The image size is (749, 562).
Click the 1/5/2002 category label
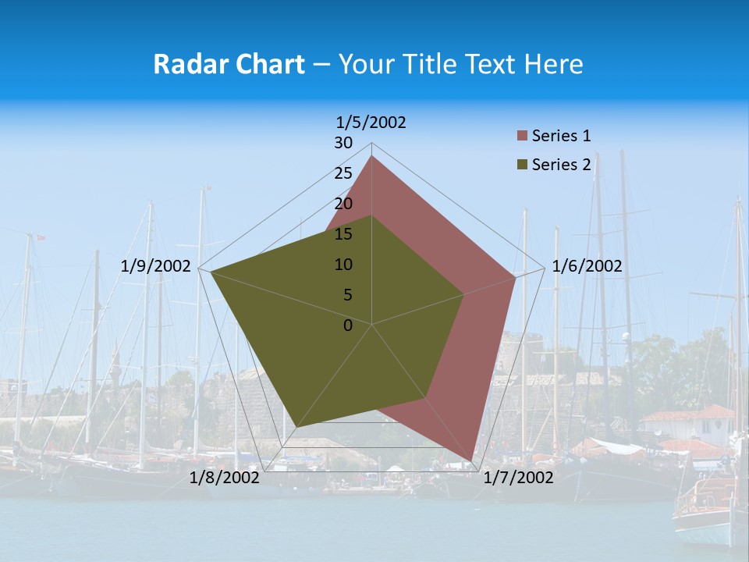tap(371, 122)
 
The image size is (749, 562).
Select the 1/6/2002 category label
tap(587, 266)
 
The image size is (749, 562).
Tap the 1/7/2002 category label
tap(518, 478)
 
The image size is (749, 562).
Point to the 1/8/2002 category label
tap(225, 478)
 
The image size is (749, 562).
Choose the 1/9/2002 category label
tap(156, 266)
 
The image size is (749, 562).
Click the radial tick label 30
tap(343, 143)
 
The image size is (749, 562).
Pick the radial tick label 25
tap(343, 173)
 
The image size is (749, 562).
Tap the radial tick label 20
tap(343, 204)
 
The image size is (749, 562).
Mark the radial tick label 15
tap(343, 234)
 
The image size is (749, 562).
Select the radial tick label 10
tap(343, 265)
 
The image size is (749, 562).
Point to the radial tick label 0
tap(348, 325)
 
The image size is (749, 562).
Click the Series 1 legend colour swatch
tap(522, 137)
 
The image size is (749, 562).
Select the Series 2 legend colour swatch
tap(522, 165)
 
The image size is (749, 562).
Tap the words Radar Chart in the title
tap(229, 64)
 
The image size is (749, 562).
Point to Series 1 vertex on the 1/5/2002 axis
tap(372, 156)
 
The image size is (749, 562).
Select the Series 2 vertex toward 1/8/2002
tap(296, 427)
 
